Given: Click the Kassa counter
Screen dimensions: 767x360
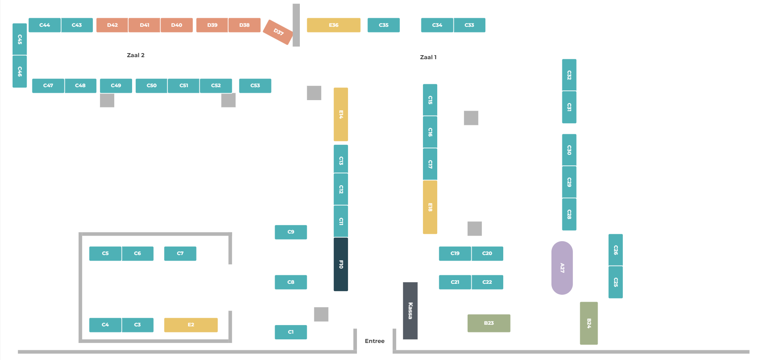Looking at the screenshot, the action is point(410,311).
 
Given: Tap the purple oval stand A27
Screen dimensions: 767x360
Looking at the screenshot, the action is point(562,268).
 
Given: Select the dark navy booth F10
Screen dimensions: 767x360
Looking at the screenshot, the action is point(341,264).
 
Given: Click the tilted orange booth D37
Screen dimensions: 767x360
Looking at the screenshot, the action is point(278,32).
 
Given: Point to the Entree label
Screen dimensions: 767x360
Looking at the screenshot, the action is point(375,341).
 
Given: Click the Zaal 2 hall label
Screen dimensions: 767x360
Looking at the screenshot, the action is point(136,55).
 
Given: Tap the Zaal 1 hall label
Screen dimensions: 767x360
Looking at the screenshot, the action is point(428,57).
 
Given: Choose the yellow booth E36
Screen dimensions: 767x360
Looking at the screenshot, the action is point(333,25).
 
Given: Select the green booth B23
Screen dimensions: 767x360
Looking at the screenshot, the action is point(489,323).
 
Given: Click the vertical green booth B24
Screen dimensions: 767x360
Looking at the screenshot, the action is point(589,323).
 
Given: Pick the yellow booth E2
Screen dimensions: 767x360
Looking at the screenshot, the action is point(191,325).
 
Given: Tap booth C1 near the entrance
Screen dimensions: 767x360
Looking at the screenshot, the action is point(291,332).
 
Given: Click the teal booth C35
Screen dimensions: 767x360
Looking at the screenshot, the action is point(384,25).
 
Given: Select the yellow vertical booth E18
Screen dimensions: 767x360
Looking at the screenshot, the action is point(430,207).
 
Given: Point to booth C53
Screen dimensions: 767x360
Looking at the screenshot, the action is point(255,86).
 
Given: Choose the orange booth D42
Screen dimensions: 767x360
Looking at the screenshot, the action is point(112,25).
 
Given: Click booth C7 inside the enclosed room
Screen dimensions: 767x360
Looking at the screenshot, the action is point(180,253).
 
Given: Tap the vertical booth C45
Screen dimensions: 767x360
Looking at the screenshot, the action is point(19,39).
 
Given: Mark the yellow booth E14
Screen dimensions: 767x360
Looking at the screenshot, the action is point(341,114).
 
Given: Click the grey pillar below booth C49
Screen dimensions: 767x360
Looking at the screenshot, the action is point(107,100).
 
